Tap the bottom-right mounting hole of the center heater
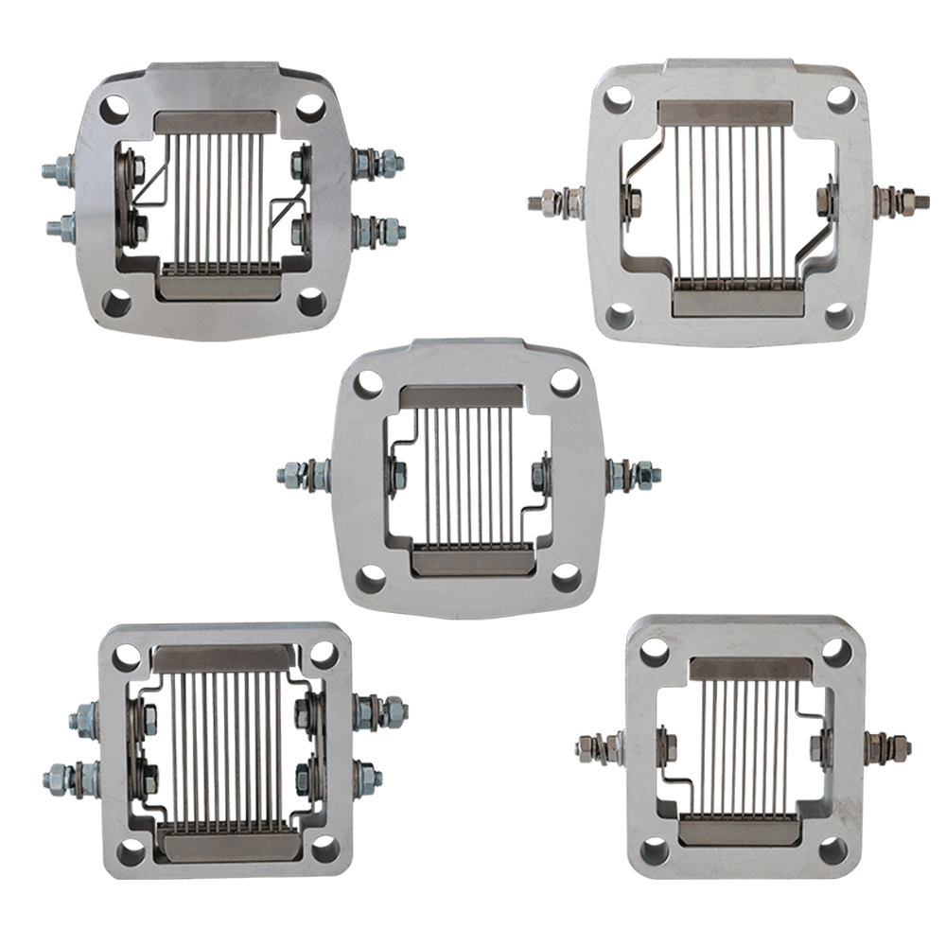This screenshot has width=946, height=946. pyautogui.click(x=565, y=577)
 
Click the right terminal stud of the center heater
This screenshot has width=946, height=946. pyautogui.click(x=639, y=474)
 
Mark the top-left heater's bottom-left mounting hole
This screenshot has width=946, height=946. pyautogui.click(x=115, y=303)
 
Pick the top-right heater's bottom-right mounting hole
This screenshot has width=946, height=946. pyautogui.click(x=837, y=314)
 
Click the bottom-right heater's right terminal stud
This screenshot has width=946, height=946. pyautogui.click(x=894, y=746)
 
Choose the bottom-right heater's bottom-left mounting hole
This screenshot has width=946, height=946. pyautogui.click(x=653, y=850)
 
